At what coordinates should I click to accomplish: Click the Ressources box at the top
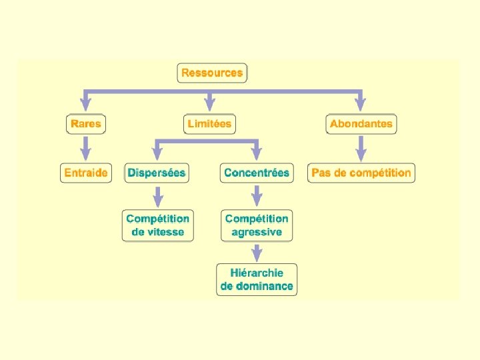tap(212, 73)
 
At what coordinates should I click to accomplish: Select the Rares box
tap(86, 124)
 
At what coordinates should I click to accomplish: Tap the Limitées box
tap(209, 124)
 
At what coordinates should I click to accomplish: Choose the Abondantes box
tap(361, 124)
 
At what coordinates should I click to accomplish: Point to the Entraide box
tap(86, 173)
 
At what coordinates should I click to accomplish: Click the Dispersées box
tap(157, 173)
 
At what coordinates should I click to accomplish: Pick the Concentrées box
tap(257, 173)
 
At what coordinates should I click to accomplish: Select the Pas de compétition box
tap(361, 173)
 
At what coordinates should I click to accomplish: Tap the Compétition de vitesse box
tap(157, 225)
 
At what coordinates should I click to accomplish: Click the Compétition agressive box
tap(257, 225)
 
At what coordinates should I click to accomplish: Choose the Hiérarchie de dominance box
tap(257, 279)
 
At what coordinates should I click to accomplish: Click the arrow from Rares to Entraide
tap(86, 148)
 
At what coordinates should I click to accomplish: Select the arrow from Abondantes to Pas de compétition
tap(361, 148)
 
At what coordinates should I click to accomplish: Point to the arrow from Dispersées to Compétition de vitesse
tap(158, 197)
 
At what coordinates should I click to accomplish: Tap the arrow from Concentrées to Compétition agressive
tap(257, 197)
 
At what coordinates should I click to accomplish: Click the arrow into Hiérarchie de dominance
tap(257, 252)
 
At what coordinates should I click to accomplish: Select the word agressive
tap(257, 232)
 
